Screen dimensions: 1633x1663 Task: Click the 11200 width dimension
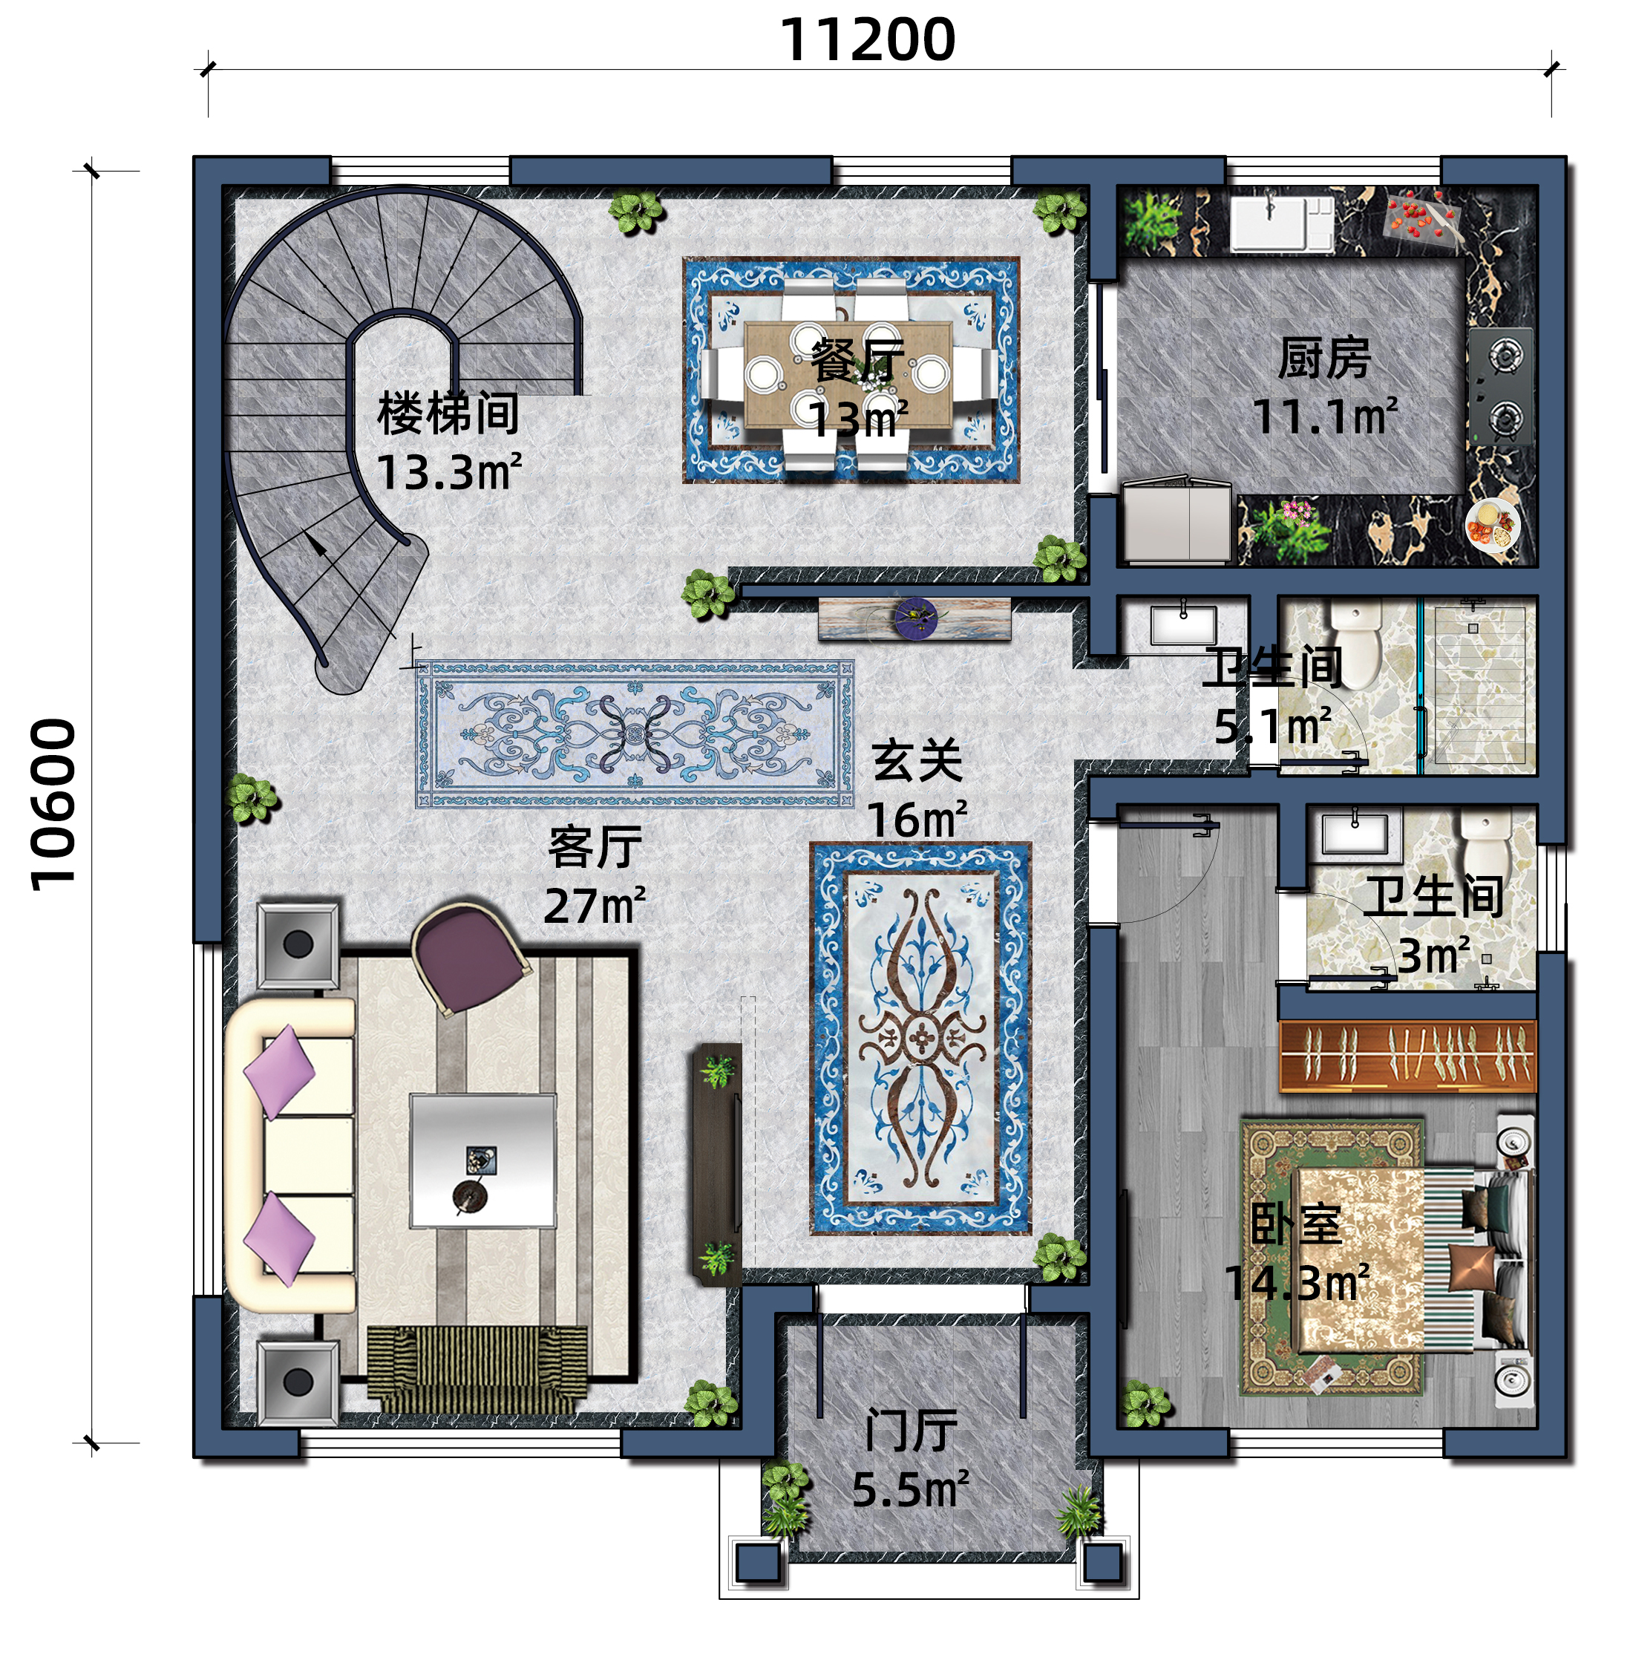[x=867, y=40]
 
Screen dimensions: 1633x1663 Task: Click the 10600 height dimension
[x=53, y=805]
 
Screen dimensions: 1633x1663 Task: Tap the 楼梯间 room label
[x=448, y=414]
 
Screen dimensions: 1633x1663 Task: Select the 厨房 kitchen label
[x=1324, y=358]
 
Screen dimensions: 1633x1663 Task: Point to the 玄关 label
[x=917, y=761]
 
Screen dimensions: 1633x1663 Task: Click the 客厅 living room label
[x=595, y=847]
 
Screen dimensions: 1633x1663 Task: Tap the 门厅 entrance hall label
[x=910, y=1431]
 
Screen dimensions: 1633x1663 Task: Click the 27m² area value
[x=595, y=906]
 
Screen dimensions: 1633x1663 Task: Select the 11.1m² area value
[x=1324, y=416]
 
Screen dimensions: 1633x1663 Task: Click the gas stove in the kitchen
[x=1501, y=386]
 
